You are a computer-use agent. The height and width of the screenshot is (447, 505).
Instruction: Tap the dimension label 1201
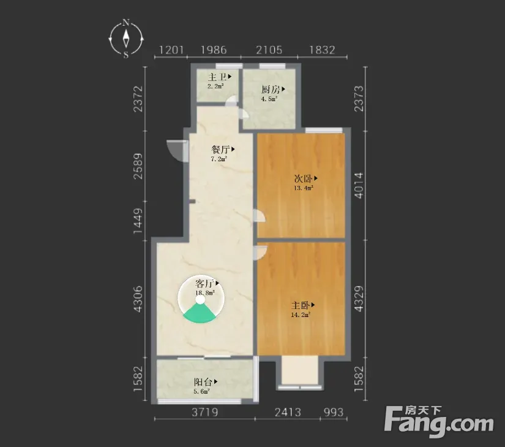(171, 50)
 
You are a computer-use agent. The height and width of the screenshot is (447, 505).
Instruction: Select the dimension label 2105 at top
(269, 50)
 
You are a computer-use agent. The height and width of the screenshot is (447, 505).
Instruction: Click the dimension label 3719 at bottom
(205, 412)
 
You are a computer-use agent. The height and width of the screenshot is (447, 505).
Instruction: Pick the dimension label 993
(334, 412)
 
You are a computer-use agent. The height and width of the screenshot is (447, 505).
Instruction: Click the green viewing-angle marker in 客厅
(200, 313)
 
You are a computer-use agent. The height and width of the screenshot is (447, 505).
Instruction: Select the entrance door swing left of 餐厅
(177, 151)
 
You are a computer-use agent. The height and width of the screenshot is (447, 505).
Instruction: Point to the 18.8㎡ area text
(205, 293)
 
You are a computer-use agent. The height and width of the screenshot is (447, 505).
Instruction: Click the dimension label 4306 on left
(138, 299)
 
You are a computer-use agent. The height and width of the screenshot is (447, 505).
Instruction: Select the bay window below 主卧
(300, 373)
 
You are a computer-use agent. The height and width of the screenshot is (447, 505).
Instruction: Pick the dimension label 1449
(138, 221)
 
